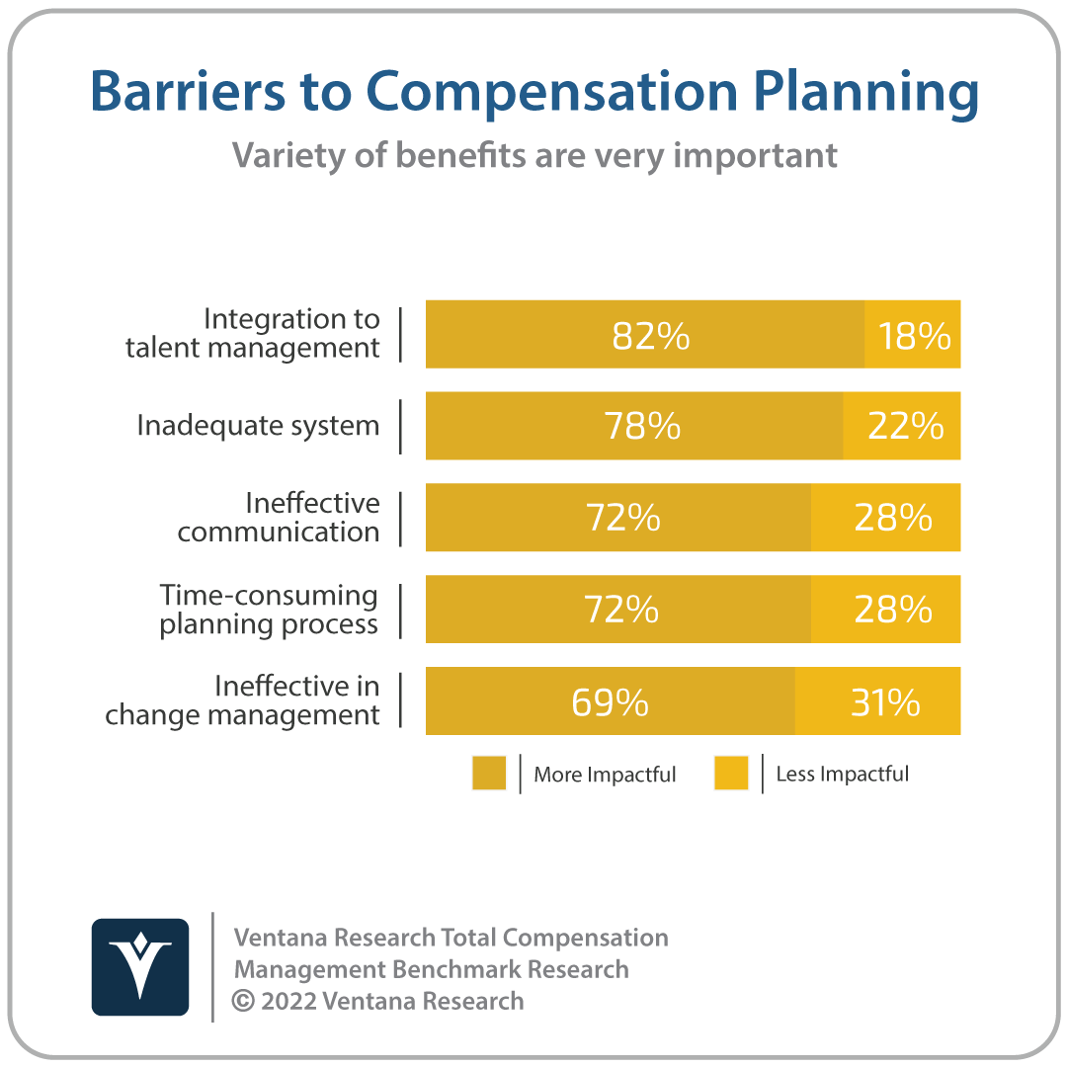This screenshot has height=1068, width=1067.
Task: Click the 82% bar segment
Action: pos(645,334)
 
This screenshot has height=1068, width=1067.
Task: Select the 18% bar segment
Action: pos(913,334)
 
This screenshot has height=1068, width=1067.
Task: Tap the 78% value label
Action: pos(642,426)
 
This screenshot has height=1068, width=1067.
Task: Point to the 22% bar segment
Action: pos(902,426)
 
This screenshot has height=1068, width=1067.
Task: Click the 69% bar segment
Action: pos(611,700)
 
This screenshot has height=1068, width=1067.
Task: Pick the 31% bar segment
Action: pos(877,700)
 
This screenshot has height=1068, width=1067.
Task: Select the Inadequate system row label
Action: pos(258,426)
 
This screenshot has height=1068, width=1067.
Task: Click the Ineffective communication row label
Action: pos(279,517)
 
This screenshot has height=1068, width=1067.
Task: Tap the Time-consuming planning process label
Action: pos(269,610)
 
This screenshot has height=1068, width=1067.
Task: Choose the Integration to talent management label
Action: pos(253,333)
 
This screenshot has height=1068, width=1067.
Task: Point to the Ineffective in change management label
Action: pos(242,700)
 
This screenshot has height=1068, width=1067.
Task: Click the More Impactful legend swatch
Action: pos(489,773)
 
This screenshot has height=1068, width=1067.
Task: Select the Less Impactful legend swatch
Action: pos(731,773)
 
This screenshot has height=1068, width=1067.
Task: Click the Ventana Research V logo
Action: pos(140,966)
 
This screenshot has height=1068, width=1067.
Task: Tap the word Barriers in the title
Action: pos(188,91)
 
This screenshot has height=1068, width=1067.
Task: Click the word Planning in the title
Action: pos(866,93)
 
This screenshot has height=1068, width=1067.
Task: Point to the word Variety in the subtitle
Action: pos(287,157)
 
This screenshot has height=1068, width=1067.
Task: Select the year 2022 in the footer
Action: pos(288,1001)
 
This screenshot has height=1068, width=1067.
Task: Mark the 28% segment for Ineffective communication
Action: pos(886,517)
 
